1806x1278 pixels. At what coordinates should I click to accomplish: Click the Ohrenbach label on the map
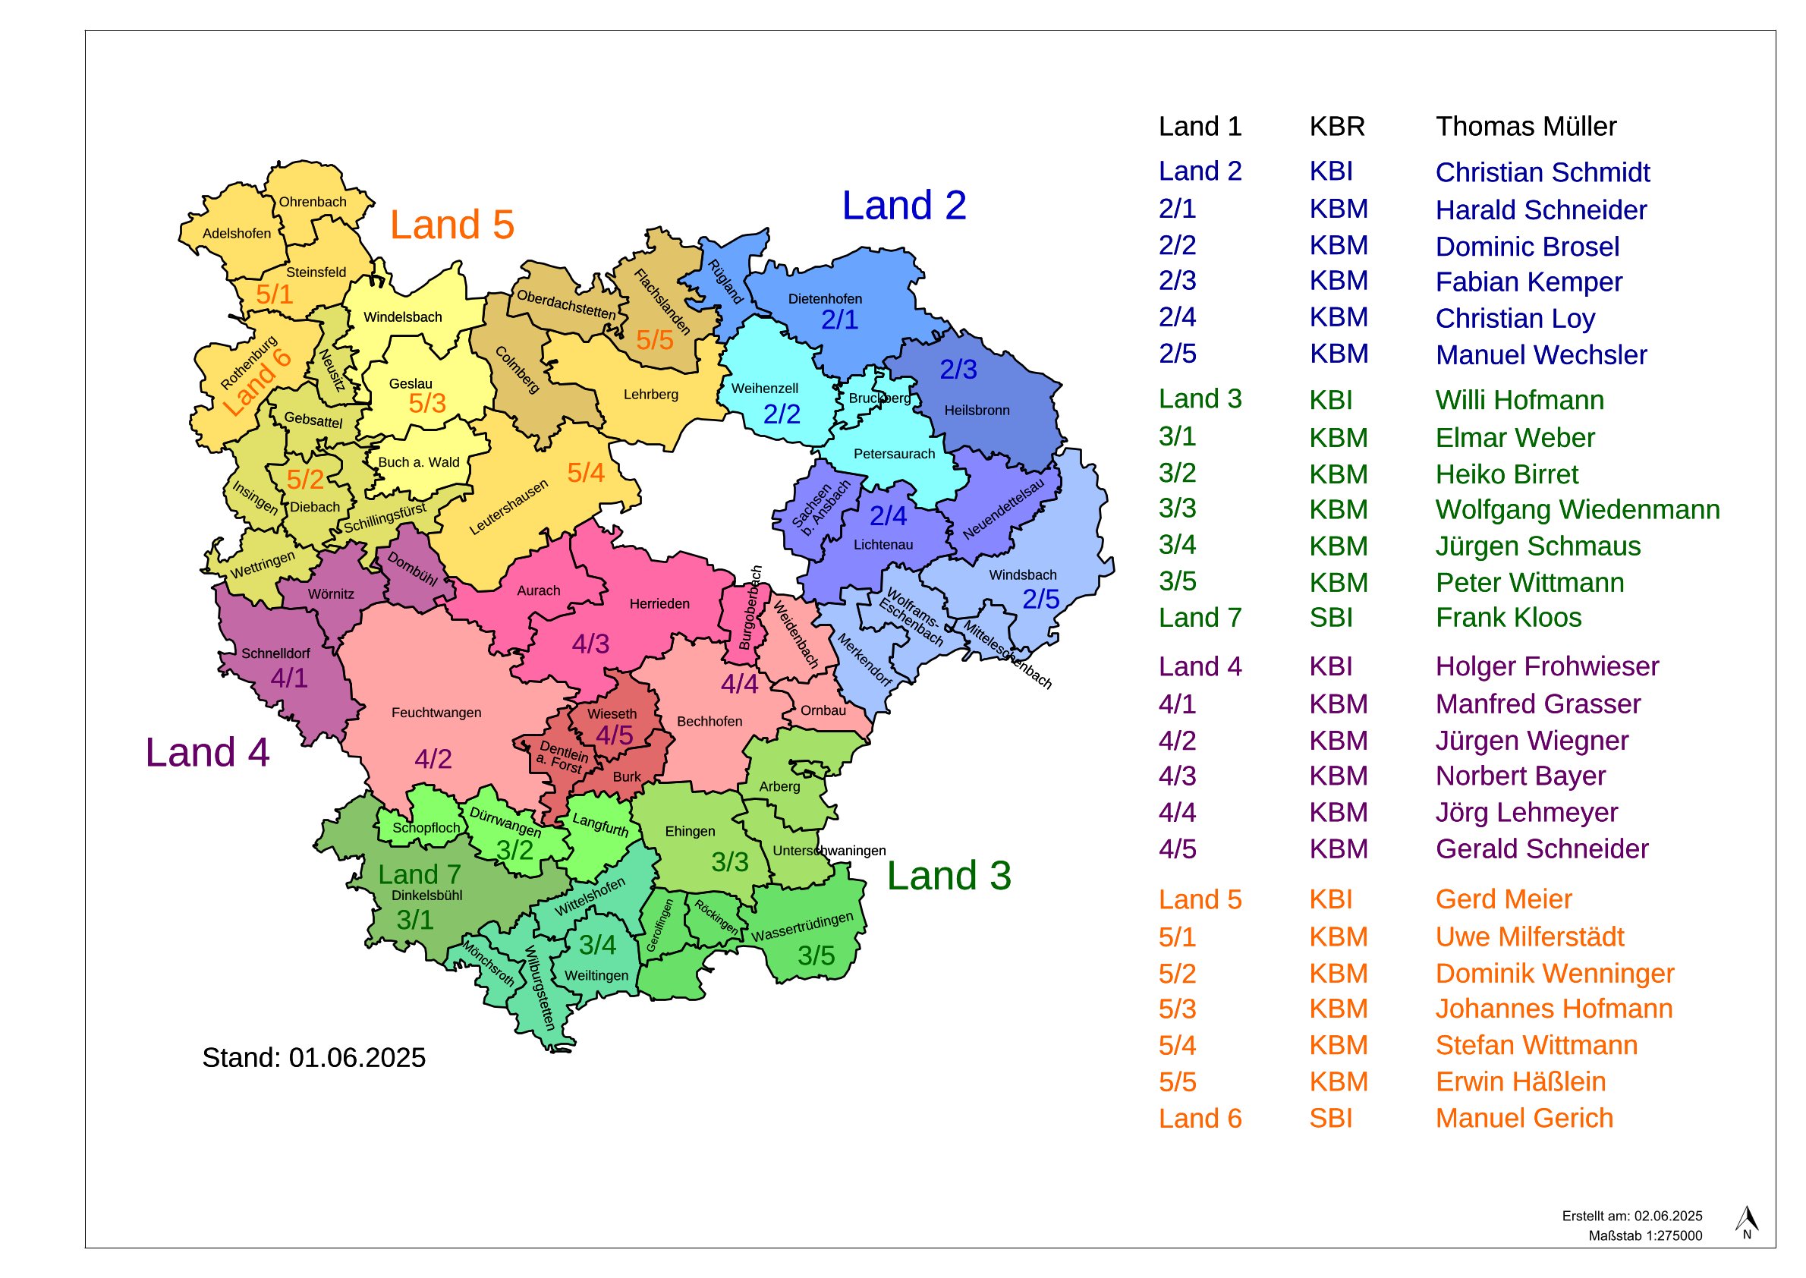click(313, 202)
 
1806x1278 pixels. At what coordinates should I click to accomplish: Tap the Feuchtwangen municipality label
click(436, 713)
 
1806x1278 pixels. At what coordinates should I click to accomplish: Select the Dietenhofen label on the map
click(825, 299)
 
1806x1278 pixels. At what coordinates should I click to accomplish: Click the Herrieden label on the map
click(659, 604)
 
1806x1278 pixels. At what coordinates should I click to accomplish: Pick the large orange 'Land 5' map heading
click(451, 225)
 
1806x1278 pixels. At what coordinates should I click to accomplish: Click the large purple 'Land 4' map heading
click(207, 753)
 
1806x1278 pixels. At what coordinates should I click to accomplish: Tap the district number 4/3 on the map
click(590, 644)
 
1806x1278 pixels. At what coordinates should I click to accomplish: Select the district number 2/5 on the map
click(1040, 600)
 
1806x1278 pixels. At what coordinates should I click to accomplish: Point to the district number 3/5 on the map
click(816, 956)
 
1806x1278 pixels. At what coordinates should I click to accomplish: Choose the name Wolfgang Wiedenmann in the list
click(1577, 510)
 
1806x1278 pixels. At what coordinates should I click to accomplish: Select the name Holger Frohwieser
click(1546, 666)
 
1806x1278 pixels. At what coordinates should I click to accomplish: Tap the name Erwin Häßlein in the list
click(1521, 1082)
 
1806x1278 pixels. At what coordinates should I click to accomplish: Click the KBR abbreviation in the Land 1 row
click(1336, 127)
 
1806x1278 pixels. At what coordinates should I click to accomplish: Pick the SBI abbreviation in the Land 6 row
click(1331, 1119)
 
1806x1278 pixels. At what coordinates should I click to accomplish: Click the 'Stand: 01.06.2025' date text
click(313, 1058)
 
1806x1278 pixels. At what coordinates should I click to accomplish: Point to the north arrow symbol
click(1746, 1220)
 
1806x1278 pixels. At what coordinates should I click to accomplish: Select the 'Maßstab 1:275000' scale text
click(1644, 1236)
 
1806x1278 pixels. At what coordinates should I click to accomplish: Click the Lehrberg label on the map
click(651, 395)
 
